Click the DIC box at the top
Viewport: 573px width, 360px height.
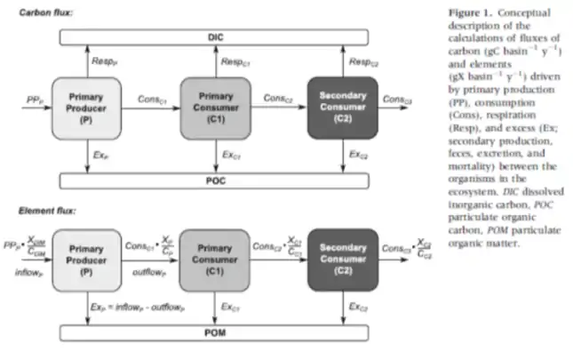[x=216, y=37]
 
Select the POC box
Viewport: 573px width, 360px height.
[x=216, y=181]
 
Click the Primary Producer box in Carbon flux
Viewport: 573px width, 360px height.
[x=85, y=108]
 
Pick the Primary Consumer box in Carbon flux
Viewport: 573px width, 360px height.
[x=216, y=108]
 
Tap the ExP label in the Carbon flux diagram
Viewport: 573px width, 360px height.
[x=99, y=155]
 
